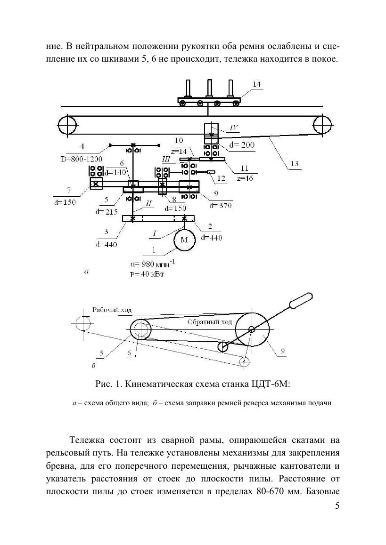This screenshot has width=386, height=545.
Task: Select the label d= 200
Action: click(x=242, y=145)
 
